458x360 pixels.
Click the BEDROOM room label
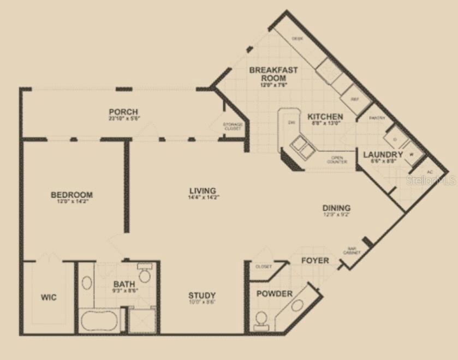click(x=72, y=195)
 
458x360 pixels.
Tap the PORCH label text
click(x=123, y=112)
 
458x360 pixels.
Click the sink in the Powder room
click(x=298, y=305)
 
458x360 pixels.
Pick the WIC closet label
click(x=49, y=298)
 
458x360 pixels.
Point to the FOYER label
click(x=315, y=260)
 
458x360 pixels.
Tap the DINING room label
click(x=336, y=208)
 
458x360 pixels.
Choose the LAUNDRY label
click(x=383, y=155)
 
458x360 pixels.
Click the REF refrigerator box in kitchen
click(x=354, y=100)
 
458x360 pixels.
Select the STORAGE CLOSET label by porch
click(x=233, y=127)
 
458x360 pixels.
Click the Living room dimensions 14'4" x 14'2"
click(x=203, y=197)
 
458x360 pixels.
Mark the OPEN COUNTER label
click(x=337, y=159)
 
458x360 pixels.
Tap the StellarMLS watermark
click(x=432, y=179)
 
